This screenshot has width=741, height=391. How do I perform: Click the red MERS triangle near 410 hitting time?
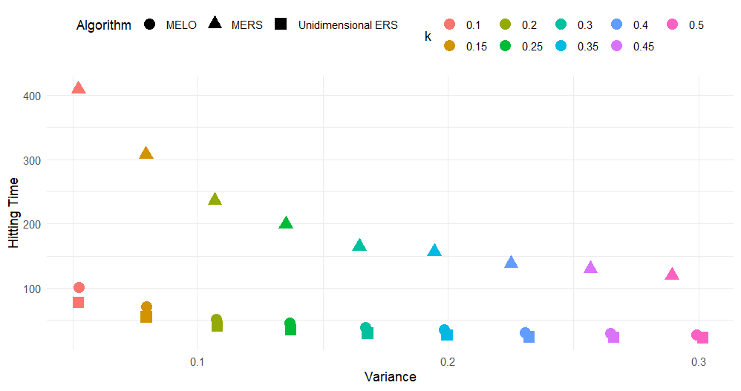[x=78, y=88]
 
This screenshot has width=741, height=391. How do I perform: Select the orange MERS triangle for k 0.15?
[x=146, y=154]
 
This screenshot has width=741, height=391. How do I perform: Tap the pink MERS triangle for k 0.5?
[x=672, y=275]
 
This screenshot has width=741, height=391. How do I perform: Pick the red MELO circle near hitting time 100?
[x=79, y=287]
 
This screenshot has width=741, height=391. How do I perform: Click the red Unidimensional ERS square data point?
[x=78, y=302]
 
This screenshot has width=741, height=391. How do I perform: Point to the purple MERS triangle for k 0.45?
[x=590, y=268]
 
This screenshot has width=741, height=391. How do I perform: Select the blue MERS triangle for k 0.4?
[x=511, y=263]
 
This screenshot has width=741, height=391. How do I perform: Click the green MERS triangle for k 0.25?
[x=286, y=223]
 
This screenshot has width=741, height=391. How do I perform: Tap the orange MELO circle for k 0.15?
[x=146, y=307]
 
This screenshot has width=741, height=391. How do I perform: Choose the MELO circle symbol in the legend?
[x=149, y=24]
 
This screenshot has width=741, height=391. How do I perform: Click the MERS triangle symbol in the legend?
[x=215, y=24]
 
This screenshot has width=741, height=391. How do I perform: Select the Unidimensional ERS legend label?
[x=347, y=24]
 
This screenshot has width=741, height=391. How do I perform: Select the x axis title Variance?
[x=390, y=377]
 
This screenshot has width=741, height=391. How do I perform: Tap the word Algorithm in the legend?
[x=103, y=25]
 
